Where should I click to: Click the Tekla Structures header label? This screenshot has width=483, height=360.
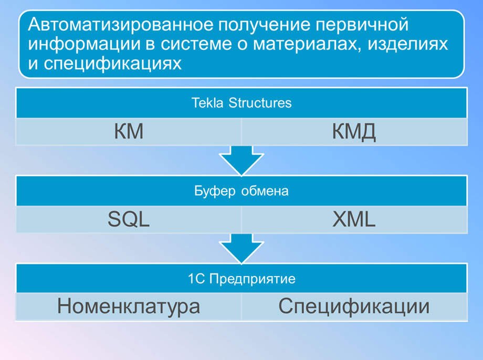(241, 103)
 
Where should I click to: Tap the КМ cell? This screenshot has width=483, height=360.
(129, 132)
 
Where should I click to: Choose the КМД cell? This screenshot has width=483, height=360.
(354, 132)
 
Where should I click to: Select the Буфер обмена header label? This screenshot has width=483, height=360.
(241, 191)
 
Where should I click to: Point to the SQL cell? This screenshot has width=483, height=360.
(129, 220)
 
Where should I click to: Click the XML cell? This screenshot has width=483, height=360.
(354, 220)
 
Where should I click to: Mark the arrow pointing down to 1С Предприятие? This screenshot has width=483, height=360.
(241, 249)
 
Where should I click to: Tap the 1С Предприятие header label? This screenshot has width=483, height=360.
(241, 279)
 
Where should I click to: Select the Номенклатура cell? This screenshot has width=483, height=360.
(129, 306)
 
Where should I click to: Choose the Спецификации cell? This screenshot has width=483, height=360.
(354, 306)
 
